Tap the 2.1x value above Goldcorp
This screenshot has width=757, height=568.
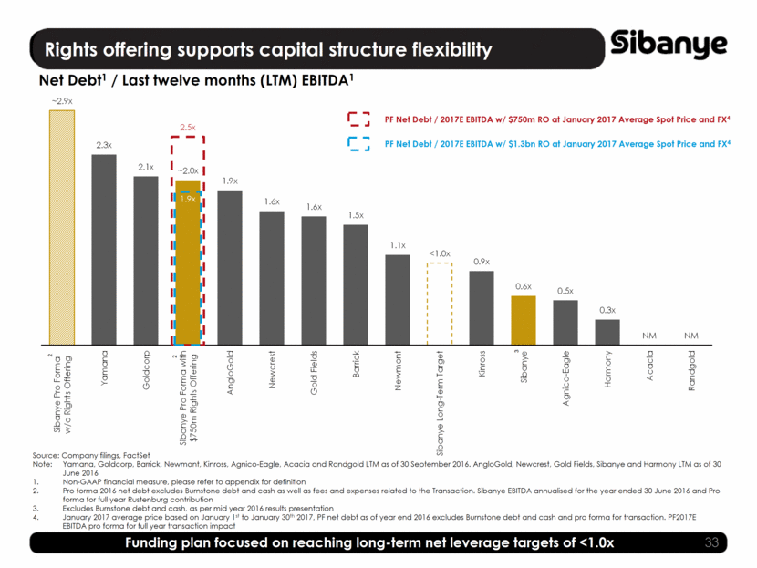coord(145,167)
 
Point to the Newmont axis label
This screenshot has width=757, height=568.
coord(398,368)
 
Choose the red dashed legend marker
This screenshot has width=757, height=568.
coord(358,119)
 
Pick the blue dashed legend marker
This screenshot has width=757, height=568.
coord(358,143)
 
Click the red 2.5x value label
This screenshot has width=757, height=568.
coord(188,128)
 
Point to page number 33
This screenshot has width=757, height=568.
coord(719,543)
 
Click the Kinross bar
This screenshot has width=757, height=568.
coord(482,306)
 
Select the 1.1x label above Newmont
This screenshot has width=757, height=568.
coord(397,245)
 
